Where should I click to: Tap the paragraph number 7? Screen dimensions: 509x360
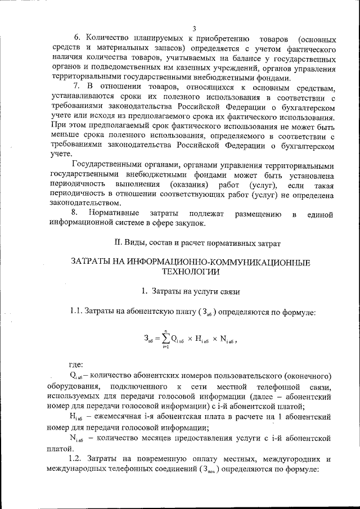(x=77, y=88)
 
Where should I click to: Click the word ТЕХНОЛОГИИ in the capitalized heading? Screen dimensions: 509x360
(x=191, y=272)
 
